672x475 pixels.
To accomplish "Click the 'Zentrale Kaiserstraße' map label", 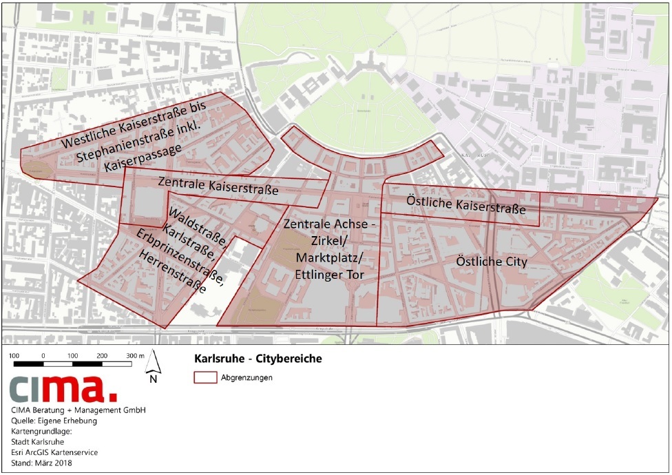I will tap(217, 186).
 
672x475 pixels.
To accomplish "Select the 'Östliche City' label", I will tap(492, 262).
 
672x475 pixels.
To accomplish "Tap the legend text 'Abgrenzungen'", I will tap(246, 377).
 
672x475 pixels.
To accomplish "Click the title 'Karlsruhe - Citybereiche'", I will tap(254, 359).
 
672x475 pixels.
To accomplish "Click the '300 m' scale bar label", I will tap(132, 355).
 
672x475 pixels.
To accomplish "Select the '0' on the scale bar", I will tap(43, 355).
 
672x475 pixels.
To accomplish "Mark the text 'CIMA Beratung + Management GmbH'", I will tap(78, 410).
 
